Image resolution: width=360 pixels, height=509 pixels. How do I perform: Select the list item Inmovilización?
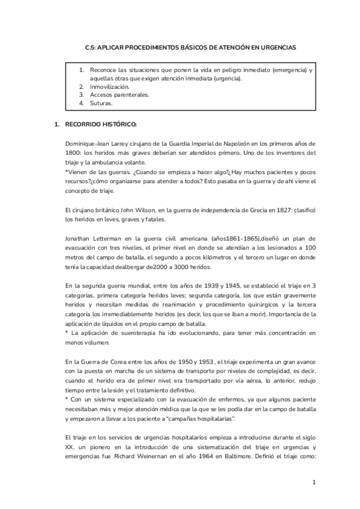[110, 87]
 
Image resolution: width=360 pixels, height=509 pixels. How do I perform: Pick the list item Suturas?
[101, 103]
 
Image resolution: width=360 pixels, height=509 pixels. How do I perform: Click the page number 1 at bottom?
[313, 482]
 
